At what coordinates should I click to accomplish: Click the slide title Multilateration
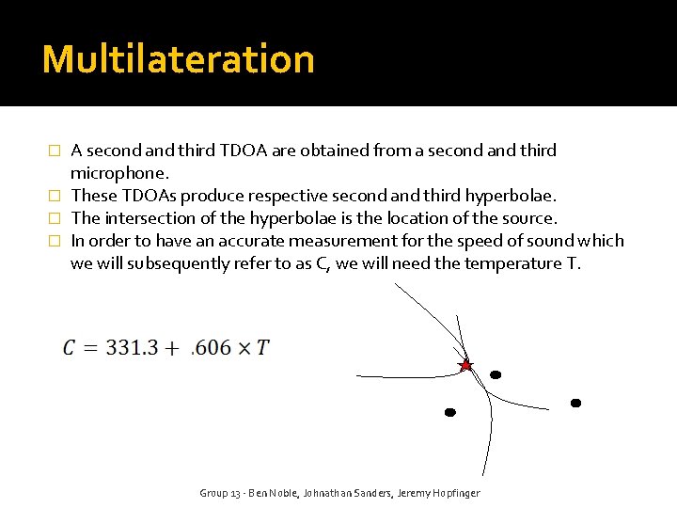[178, 58]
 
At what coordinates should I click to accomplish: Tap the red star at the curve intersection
[464, 365]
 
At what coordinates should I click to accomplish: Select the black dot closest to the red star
[496, 374]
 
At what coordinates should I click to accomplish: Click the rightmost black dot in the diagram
[575, 403]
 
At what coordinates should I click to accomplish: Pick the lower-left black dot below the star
[449, 412]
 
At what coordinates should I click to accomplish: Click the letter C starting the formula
[71, 348]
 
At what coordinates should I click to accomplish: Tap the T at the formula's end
[262, 348]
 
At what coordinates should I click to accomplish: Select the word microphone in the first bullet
[118, 173]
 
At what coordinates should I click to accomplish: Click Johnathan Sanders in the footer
[347, 493]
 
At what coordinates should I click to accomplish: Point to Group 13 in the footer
[222, 493]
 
